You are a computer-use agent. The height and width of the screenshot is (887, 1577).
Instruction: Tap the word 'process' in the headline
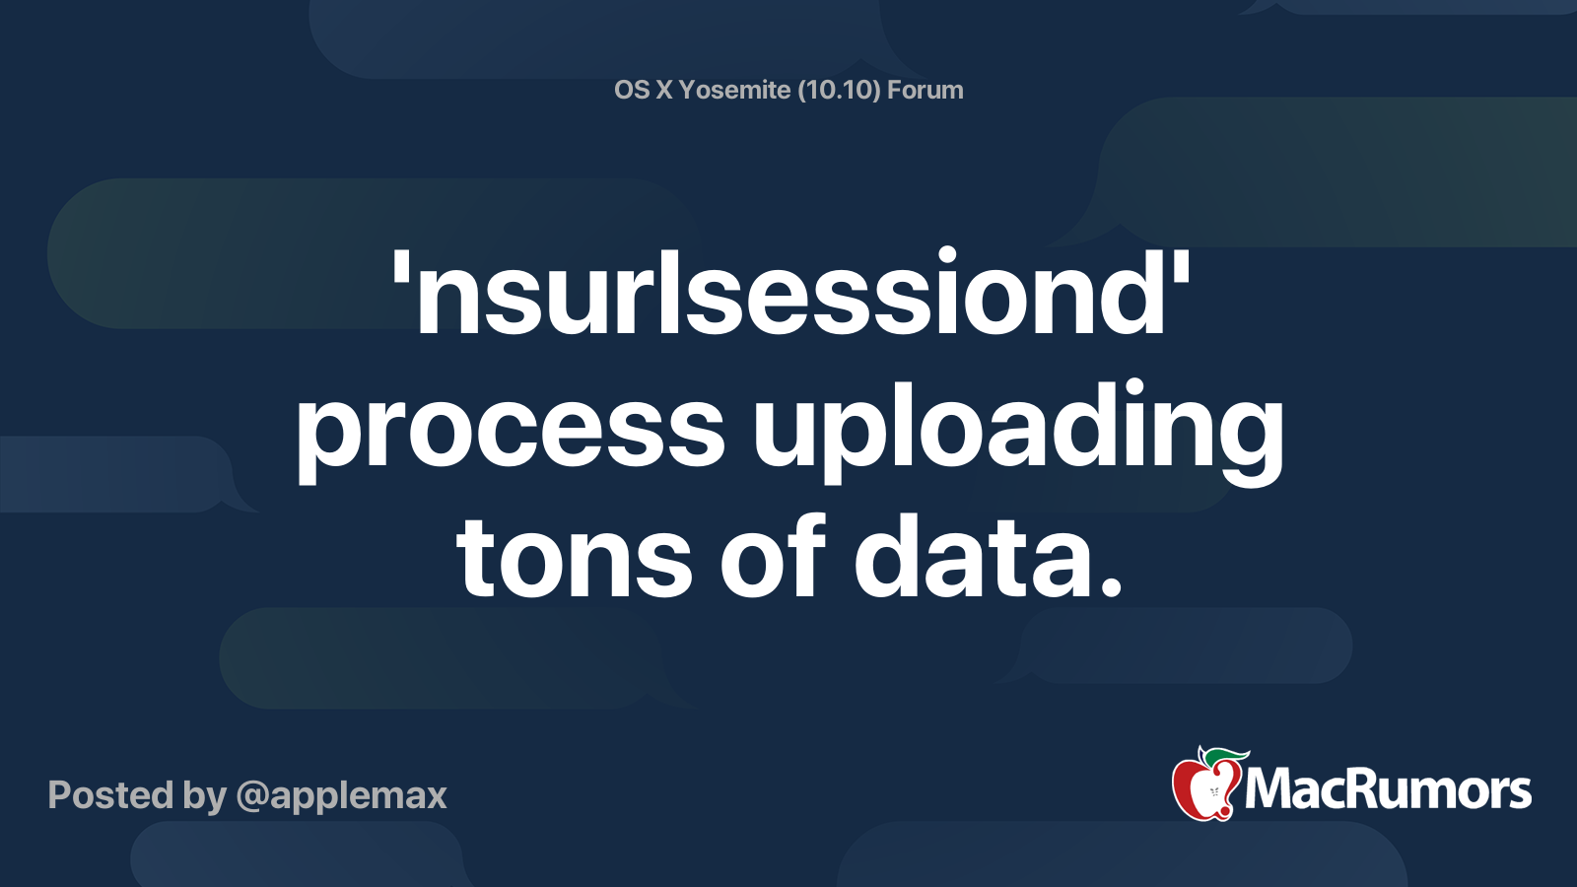click(511, 429)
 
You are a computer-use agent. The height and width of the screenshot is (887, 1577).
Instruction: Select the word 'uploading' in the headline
click(1018, 429)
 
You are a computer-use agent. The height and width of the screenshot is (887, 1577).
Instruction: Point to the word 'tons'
click(574, 559)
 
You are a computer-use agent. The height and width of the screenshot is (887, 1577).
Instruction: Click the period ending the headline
click(1111, 588)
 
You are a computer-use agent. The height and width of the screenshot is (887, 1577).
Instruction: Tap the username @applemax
click(341, 795)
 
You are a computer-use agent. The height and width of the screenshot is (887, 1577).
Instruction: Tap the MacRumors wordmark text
click(1388, 790)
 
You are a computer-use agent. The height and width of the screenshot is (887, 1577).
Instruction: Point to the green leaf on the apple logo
click(1227, 755)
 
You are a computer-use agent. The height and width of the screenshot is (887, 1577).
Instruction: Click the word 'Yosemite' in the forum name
click(734, 91)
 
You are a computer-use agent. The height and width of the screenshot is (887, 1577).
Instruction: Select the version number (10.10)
click(839, 91)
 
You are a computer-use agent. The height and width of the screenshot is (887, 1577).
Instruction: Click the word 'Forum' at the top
click(925, 91)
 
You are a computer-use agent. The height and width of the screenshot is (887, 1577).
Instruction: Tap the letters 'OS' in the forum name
click(632, 91)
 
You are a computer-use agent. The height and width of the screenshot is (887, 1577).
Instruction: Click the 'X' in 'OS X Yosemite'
click(664, 91)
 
